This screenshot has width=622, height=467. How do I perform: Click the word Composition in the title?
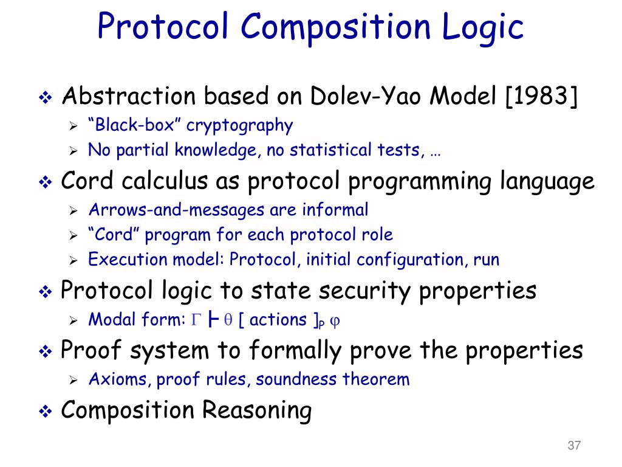pos(335,27)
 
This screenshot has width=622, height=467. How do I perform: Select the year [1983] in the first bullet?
pos(541,96)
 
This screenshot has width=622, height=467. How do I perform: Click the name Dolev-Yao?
pos(365,96)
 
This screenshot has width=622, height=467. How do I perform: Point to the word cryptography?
pos(239,126)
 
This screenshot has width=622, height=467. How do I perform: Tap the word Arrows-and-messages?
pos(177,210)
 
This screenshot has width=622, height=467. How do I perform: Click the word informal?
pos(335,209)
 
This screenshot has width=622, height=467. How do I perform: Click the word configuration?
pos(410,260)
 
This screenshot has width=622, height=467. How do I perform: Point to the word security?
pos(365,291)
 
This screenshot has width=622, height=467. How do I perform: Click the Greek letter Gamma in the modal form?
pos(196,319)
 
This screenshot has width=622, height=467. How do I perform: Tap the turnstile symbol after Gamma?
pos(213,319)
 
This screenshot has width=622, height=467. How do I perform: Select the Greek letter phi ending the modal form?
pos(335,321)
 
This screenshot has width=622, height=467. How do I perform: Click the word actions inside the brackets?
pos(278,320)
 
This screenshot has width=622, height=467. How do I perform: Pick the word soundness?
pos(296,379)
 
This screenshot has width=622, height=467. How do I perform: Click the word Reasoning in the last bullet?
pos(257,410)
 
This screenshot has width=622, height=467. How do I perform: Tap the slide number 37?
pos(575,445)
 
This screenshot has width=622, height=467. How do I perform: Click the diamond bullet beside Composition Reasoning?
pos(46,411)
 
